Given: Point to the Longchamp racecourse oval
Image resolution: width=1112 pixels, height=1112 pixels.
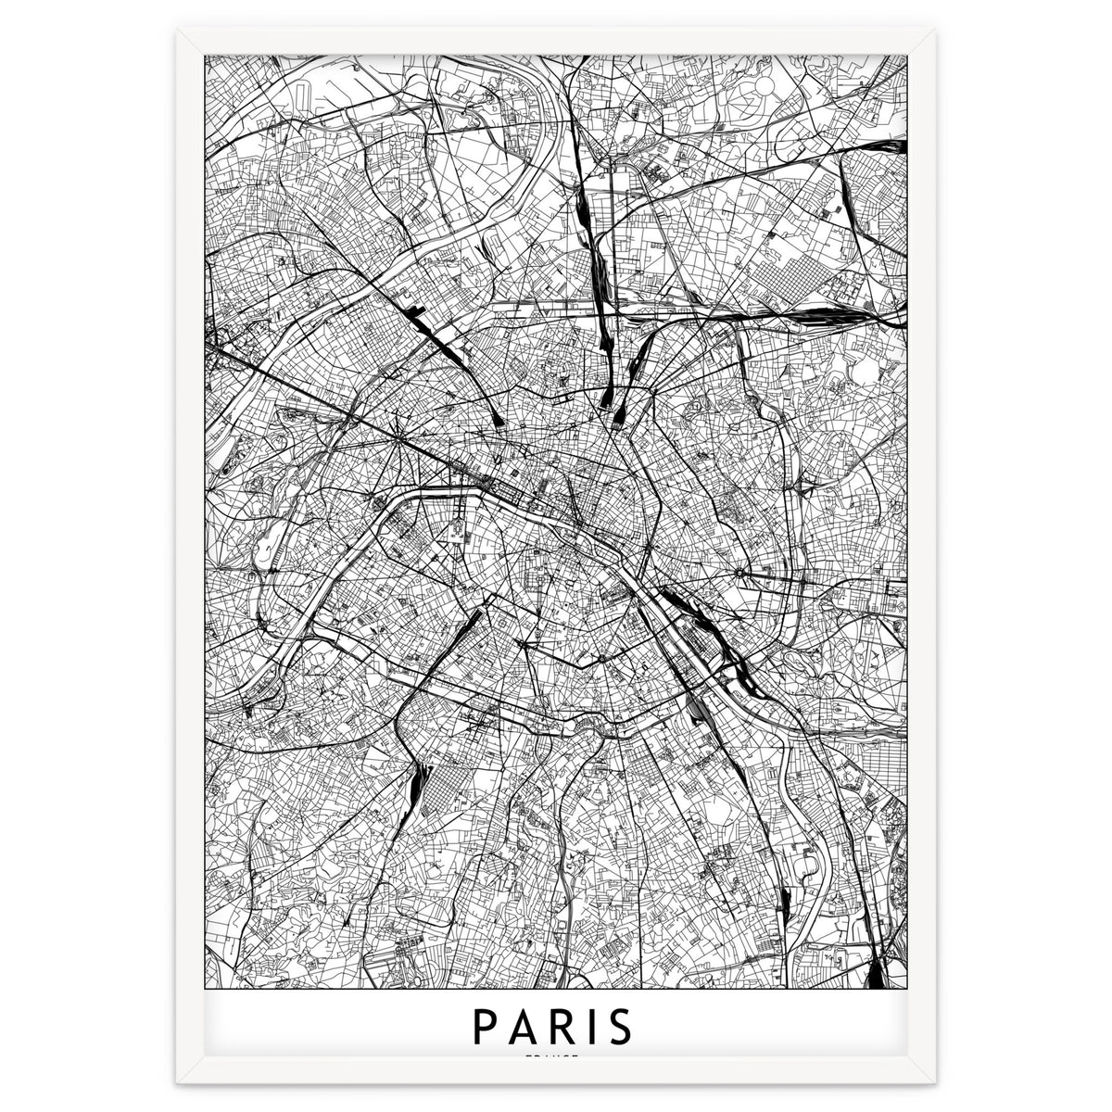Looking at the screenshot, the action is point(268,553).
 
